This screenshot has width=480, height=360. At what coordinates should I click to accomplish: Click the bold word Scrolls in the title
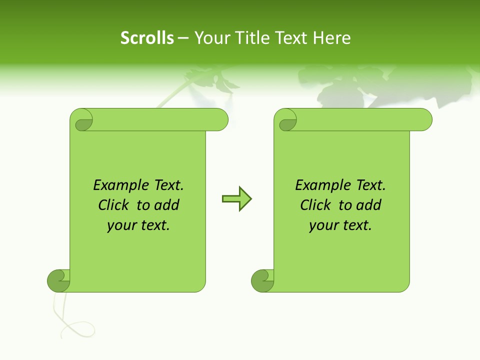(147, 38)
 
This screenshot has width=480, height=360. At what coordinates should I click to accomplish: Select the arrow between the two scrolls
(236, 199)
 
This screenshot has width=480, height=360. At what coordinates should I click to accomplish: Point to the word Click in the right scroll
(315, 205)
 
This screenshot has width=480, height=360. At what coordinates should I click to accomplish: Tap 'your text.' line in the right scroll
(340, 225)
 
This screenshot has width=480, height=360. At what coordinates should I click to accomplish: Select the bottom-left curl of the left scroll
(58, 281)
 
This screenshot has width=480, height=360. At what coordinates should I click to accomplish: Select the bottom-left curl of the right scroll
(262, 281)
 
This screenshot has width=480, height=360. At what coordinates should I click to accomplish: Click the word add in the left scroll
(167, 205)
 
